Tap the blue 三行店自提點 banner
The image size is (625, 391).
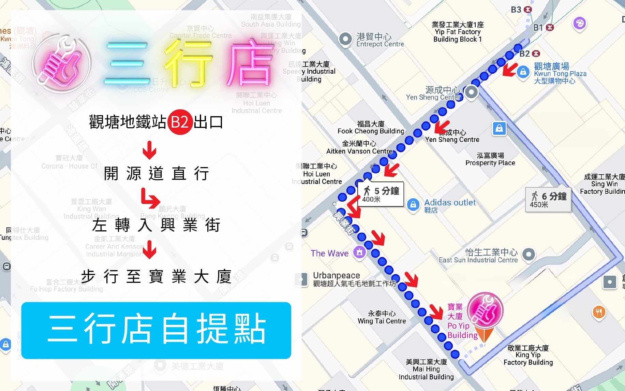click(x=156, y=330)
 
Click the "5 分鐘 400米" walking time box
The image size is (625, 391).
click(x=381, y=194)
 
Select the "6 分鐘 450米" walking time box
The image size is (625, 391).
click(x=548, y=200)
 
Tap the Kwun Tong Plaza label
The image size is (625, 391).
click(x=560, y=73)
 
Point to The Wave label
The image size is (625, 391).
click(x=329, y=253)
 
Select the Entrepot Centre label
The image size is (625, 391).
click(x=380, y=40)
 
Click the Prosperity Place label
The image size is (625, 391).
click(x=490, y=159)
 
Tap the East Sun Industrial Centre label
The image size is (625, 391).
click(x=478, y=256)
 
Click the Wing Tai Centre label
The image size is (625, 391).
click(x=382, y=317)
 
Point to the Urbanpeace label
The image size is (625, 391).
click(x=336, y=275)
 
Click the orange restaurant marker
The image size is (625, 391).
click(x=599, y=312)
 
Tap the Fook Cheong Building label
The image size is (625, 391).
click(x=371, y=128)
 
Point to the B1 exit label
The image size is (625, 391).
click(x=538, y=28)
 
